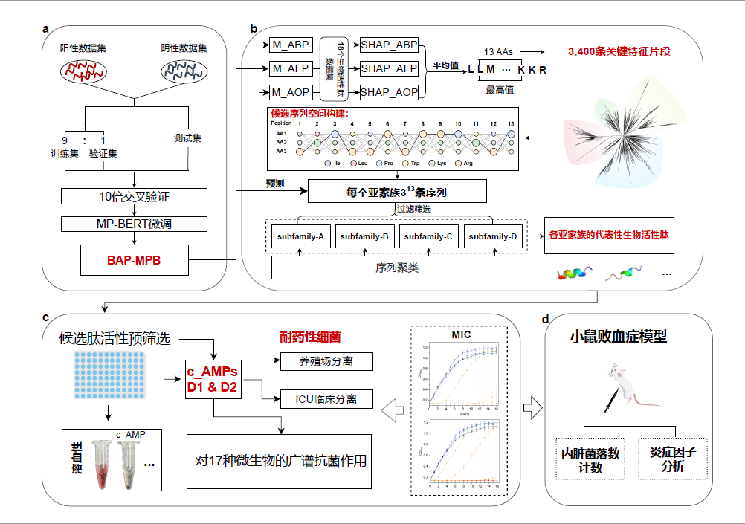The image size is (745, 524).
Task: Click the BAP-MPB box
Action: (x=134, y=259)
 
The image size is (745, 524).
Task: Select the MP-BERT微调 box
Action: (x=134, y=224)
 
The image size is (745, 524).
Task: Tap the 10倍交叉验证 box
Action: (x=134, y=197)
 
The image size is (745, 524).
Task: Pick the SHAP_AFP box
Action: (x=389, y=68)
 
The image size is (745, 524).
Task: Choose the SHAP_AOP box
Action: (x=389, y=92)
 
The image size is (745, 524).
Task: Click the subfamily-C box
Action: (x=428, y=237)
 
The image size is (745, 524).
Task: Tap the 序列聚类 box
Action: (x=397, y=267)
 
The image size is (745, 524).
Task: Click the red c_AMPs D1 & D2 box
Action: (x=213, y=378)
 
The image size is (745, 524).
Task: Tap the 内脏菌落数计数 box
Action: (x=590, y=459)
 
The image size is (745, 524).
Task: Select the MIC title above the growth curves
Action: (x=461, y=334)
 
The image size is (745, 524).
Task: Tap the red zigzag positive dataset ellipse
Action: (x=83, y=71)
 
